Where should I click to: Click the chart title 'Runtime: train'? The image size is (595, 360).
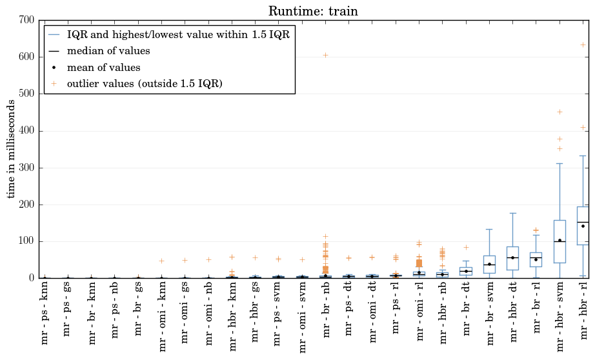[313, 10]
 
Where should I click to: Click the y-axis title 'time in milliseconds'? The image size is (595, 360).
[10, 148]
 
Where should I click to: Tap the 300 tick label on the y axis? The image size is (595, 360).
[26, 168]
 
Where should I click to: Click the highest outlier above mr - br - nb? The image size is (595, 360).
[326, 55]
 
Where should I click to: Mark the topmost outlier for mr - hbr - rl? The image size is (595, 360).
[583, 45]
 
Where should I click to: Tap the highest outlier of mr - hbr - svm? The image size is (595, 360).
[560, 112]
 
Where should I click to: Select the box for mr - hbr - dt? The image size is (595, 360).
[512, 258]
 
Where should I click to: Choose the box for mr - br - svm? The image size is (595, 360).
[490, 265]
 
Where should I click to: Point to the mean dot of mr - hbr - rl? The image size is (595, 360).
[583, 226]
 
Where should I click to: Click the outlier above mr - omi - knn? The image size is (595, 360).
[161, 261]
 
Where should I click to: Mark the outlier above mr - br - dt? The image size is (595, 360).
[467, 247]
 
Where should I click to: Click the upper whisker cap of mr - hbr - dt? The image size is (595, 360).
[512, 213]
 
